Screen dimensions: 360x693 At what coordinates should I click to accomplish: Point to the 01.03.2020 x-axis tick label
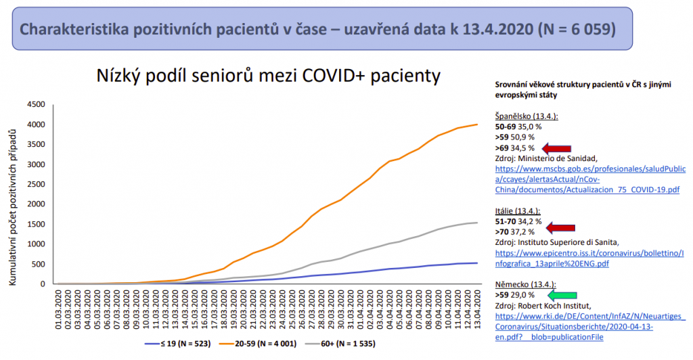pos(59,308)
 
